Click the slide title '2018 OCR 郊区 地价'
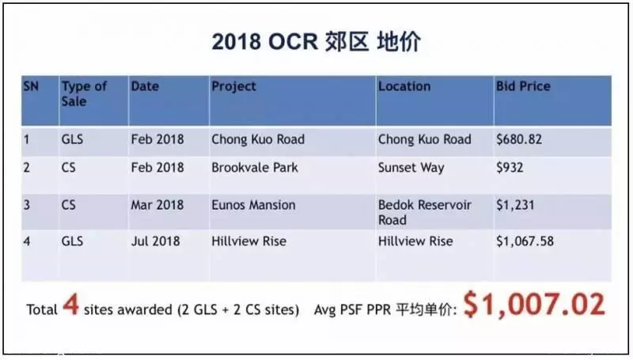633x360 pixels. coord(316,42)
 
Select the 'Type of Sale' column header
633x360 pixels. coord(84,93)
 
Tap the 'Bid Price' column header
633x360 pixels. coord(523,86)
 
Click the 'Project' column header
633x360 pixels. coord(233,86)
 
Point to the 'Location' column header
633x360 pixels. coord(404,86)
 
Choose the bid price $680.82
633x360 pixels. coord(519,139)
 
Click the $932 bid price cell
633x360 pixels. coord(510,168)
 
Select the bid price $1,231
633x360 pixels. coord(515,205)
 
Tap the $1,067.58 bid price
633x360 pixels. coord(525,241)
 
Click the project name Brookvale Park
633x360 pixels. coord(255,168)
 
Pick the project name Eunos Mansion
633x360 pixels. coord(253,205)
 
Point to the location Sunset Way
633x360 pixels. coord(411,168)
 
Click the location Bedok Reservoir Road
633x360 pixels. coord(425,212)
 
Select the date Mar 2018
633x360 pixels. coord(157,205)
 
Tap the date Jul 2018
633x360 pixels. coord(155,241)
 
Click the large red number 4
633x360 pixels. coord(70,304)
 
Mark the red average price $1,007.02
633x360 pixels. coord(534,305)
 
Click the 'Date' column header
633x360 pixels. coord(145,86)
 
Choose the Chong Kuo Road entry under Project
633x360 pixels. coord(258,139)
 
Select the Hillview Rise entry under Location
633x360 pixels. coord(415,241)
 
